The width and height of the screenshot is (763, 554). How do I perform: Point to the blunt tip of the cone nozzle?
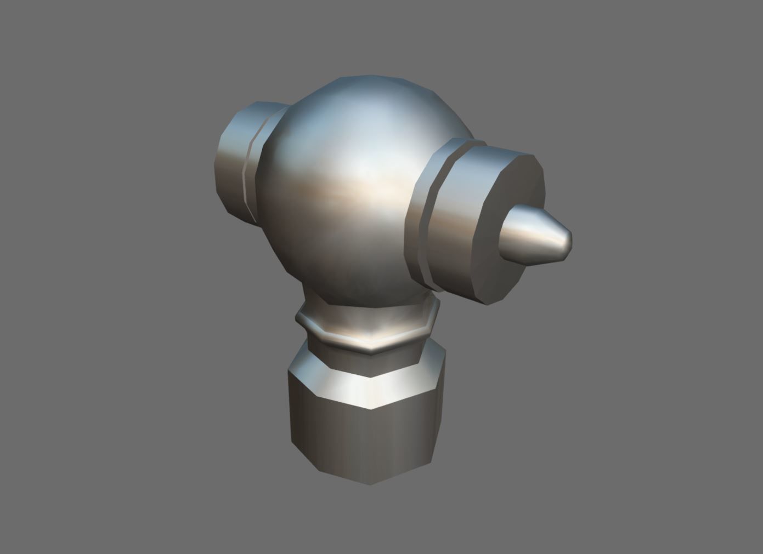[568, 239]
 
